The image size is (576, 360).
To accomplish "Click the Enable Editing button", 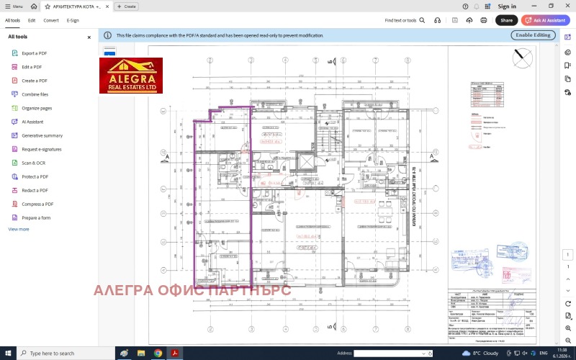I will coord(533,35).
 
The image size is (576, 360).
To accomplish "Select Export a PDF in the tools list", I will coord(34,53).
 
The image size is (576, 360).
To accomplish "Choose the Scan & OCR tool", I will coord(33,163).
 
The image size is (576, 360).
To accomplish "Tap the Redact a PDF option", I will coord(35,190).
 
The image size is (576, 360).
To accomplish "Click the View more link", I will coord(19,229).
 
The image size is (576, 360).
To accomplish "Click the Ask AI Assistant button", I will coord(545,20).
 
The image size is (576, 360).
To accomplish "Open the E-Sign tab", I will coord(73,20).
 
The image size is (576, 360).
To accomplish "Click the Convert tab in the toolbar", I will coord(51,20).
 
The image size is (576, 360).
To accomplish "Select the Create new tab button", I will coord(127,6).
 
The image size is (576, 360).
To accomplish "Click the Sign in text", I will coord(507,6).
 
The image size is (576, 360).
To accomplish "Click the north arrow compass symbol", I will coord(523,56).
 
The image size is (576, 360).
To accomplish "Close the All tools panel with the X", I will coord(89,37).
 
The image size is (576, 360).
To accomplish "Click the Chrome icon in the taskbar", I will coord(158,354).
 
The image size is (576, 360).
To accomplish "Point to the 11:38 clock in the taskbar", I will coord(561,351).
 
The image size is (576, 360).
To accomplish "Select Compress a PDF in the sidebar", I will coord(37,204).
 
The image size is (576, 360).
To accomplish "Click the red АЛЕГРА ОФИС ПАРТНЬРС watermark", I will coord(192,290).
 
